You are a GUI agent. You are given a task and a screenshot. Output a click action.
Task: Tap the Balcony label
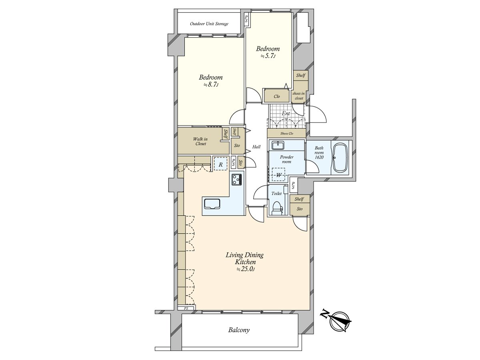[x=239, y=330]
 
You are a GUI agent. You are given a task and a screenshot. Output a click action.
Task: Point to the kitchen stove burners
[x=236, y=180]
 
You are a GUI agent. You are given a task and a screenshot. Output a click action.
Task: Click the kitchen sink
[x=212, y=204]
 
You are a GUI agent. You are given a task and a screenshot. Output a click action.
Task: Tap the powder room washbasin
[x=277, y=145]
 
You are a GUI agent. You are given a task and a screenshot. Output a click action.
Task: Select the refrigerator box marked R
[x=220, y=164]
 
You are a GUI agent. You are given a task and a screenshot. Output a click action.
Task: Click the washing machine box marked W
[x=278, y=175]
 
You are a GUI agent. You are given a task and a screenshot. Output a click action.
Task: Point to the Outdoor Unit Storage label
[x=209, y=24]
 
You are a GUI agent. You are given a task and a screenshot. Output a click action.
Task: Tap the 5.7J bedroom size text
[x=268, y=56]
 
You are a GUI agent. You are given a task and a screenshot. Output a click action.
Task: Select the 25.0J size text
[x=245, y=269]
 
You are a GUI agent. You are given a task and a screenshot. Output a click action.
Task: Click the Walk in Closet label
[x=200, y=142]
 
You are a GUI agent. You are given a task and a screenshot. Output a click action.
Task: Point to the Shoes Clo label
[x=286, y=134]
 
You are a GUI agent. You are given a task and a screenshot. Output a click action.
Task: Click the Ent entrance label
[x=286, y=114]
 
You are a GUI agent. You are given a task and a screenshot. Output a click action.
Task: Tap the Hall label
[x=256, y=147]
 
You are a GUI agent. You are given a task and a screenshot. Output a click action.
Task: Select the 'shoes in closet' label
[x=299, y=96]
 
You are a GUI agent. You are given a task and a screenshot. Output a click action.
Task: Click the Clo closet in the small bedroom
[x=277, y=96]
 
